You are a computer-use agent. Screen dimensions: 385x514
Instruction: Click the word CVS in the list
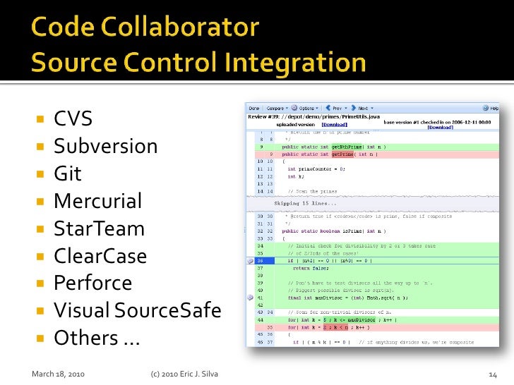tap(73, 119)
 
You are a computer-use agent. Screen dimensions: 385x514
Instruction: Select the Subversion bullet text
tap(105, 147)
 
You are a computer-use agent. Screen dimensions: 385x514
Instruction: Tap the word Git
tap(68, 174)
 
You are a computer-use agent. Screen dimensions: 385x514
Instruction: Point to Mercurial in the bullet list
tap(97, 202)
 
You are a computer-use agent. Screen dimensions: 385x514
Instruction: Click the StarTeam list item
tap(99, 229)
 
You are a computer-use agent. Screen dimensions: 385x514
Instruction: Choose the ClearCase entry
tap(100, 256)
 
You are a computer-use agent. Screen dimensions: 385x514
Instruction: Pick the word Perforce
tap(92, 283)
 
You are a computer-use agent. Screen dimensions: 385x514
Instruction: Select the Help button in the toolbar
tap(491, 108)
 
